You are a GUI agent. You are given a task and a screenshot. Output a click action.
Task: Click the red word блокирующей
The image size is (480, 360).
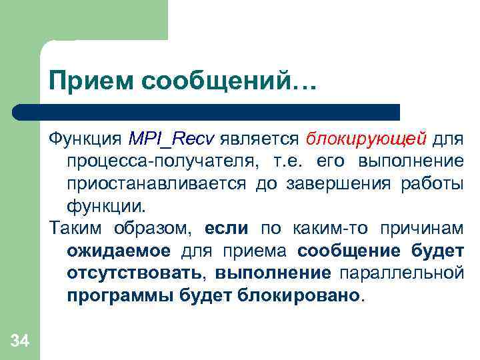tap(366, 139)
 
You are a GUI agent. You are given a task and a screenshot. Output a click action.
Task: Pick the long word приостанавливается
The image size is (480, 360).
tap(157, 183)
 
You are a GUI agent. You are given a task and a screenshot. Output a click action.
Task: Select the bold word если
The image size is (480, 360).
tap(226, 229)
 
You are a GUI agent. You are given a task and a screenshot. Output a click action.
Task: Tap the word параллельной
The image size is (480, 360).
tap(401, 273)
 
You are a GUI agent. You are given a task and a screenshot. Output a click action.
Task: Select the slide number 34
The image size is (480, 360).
tap(20, 342)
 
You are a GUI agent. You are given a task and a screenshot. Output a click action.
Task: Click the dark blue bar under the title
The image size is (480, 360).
tap(220, 112)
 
